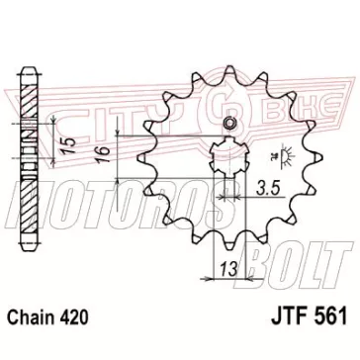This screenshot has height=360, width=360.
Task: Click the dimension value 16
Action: [x=103, y=155]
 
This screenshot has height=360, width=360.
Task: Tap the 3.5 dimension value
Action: [x=268, y=189]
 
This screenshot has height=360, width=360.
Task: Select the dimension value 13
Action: [x=228, y=270]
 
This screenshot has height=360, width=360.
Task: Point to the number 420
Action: [x=74, y=317]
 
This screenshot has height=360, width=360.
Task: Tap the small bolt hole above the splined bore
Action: [x=228, y=124]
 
